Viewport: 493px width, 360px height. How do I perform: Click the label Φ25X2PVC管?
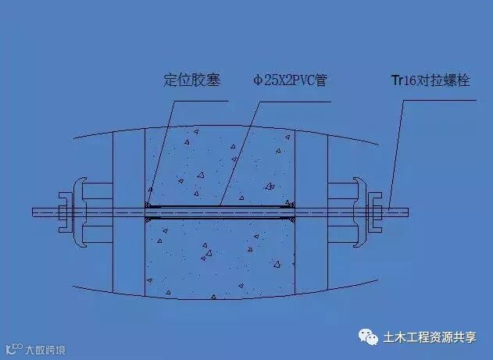(x=289, y=80)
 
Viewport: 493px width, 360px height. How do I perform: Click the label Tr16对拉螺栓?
(x=430, y=80)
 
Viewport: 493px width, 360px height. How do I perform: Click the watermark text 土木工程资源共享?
(x=429, y=337)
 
